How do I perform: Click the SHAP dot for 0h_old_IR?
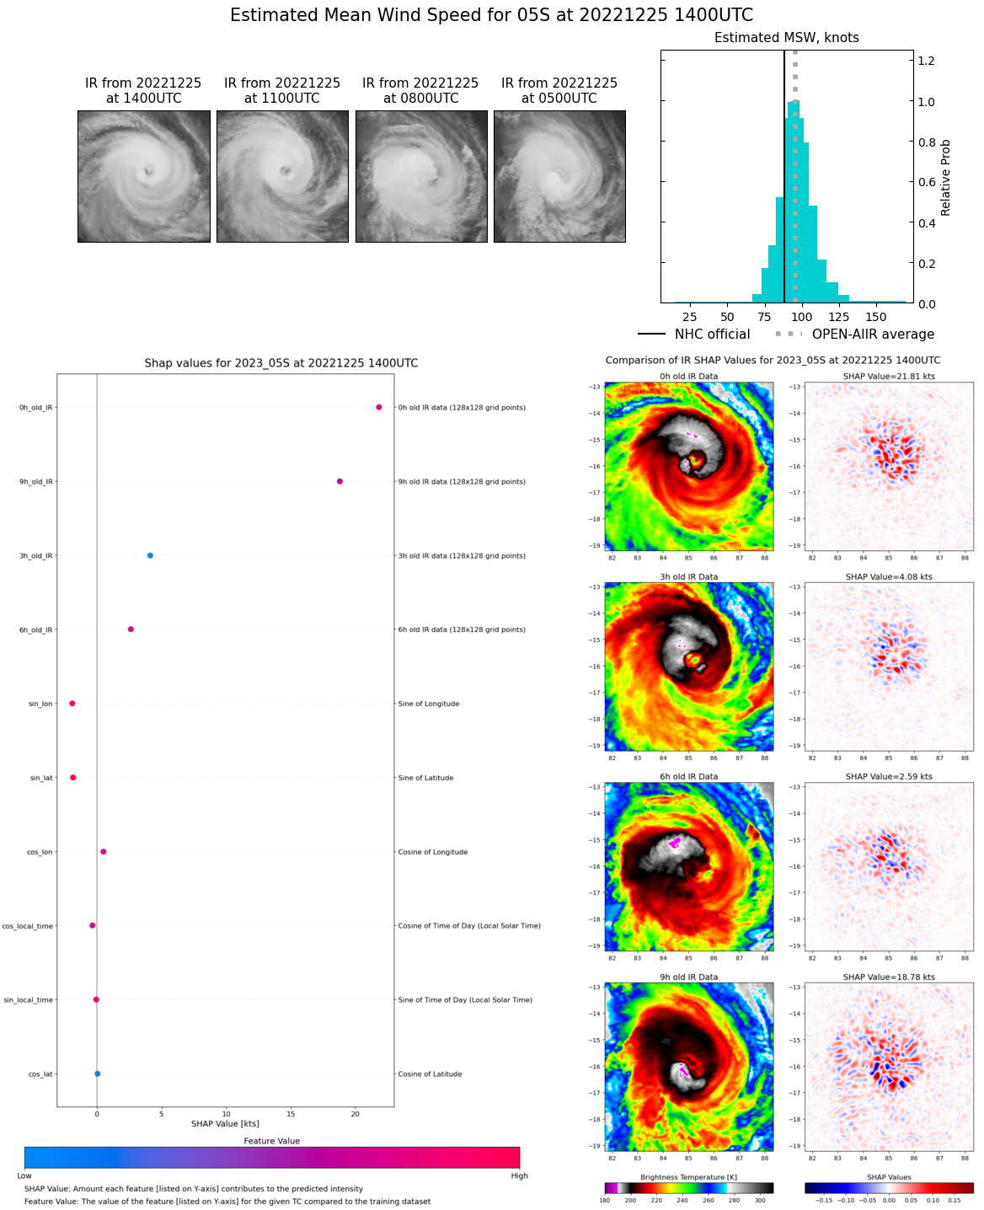point(379,407)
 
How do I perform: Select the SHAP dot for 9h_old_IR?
point(340,481)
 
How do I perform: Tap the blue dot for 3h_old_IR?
point(150,555)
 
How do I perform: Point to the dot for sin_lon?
point(72,703)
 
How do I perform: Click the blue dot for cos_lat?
point(98,1073)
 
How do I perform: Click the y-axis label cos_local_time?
point(28,926)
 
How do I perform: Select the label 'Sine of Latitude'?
point(425,778)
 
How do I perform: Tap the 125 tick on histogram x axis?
point(838,317)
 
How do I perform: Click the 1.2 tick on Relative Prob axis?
point(926,61)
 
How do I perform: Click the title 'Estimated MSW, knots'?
point(786,38)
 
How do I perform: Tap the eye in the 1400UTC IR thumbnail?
point(148,172)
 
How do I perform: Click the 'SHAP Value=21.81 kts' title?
point(889,377)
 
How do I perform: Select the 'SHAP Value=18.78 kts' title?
point(889,977)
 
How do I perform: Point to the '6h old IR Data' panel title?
point(688,777)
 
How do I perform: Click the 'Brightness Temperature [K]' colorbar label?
point(688,1177)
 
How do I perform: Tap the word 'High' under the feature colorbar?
point(519,1175)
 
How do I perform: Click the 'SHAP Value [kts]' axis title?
point(225,1123)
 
